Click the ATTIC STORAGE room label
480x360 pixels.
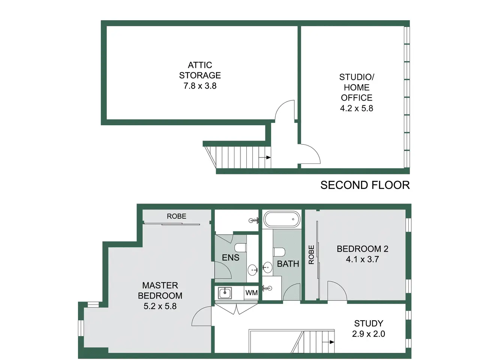coord(200,70)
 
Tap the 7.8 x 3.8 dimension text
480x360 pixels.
coord(200,86)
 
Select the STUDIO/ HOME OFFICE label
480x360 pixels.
coord(357,87)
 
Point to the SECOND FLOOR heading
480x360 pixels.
coord(365,185)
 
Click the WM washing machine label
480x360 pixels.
coord(252,292)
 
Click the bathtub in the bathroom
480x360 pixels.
coord(282,219)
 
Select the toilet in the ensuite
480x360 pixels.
coord(240,248)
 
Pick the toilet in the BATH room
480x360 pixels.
coord(279,252)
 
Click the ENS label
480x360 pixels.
coord(231,258)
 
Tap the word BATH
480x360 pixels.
coord(288,264)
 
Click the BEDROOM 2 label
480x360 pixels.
coord(362,249)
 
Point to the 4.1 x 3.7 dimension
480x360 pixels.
coord(362,259)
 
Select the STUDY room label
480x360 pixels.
coord(369,324)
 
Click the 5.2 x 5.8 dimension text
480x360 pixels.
coord(160,306)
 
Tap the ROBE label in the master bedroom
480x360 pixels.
coord(177,216)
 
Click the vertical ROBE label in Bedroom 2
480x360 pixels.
coord(311,255)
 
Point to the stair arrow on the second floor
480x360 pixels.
coord(265,157)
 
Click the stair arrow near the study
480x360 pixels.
coord(328,342)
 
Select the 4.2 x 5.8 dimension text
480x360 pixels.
coord(357,108)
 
